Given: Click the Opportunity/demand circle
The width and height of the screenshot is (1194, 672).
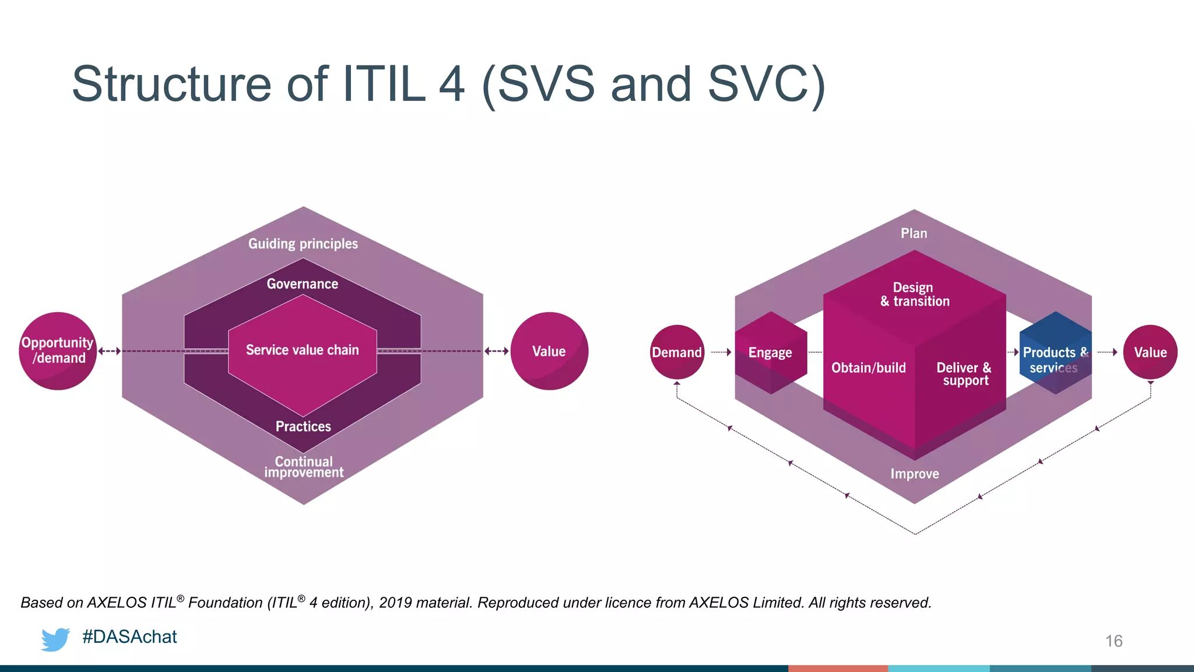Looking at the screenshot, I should (x=57, y=351).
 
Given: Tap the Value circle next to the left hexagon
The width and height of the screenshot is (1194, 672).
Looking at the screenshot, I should (x=549, y=351).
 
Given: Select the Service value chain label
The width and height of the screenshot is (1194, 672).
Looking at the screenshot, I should (x=302, y=350).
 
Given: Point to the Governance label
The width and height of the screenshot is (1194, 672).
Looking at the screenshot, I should (x=302, y=284).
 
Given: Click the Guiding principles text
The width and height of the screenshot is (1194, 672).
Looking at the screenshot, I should (x=303, y=244).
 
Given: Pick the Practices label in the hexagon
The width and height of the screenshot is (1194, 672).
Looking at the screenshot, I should (x=303, y=426).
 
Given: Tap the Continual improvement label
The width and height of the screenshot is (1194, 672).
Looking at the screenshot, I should (x=304, y=467).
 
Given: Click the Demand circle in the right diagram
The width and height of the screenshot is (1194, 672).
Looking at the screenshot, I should (x=677, y=352).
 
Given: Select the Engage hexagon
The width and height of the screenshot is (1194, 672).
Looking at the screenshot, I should (x=770, y=352).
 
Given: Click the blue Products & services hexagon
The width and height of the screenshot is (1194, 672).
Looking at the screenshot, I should (x=1055, y=353).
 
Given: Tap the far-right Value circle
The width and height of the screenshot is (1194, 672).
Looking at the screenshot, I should (x=1150, y=352).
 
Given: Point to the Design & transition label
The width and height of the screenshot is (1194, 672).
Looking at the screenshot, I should (x=914, y=295).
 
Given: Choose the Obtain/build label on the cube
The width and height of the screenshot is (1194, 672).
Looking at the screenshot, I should (x=869, y=367).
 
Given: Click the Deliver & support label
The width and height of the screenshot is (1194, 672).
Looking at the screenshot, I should (x=964, y=374).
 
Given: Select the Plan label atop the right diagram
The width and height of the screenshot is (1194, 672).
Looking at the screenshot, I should (x=914, y=233).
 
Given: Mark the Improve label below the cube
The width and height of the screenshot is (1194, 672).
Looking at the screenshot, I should (x=914, y=474).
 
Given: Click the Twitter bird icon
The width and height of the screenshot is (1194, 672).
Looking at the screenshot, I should (x=55, y=639).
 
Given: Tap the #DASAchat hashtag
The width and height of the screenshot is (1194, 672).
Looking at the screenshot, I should (x=129, y=636).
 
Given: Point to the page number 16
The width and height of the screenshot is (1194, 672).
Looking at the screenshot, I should (x=1114, y=641).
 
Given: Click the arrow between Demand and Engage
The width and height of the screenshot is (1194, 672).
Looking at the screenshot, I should (x=721, y=352).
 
